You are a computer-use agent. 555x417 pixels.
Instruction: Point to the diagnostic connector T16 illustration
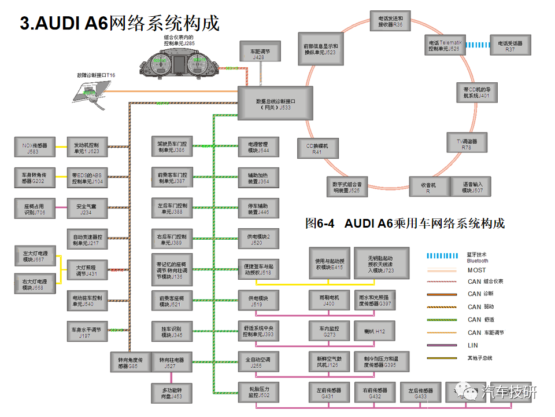[x=92, y=91]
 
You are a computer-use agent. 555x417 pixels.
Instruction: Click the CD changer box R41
[x=317, y=149]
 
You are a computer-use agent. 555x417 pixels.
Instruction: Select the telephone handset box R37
[x=510, y=46]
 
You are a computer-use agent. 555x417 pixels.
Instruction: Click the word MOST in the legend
[x=476, y=270]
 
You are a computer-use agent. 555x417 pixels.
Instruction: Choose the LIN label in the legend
[x=472, y=345]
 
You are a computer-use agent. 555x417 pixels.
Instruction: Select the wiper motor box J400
[x=328, y=300]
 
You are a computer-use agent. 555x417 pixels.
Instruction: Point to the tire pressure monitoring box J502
[x=259, y=392]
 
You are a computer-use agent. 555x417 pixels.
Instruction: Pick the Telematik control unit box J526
[x=443, y=46]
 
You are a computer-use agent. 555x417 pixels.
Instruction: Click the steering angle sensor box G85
[x=130, y=363]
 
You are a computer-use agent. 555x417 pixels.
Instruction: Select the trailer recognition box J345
[x=172, y=331]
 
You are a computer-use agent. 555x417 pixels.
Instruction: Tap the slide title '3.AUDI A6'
[x=64, y=23]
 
